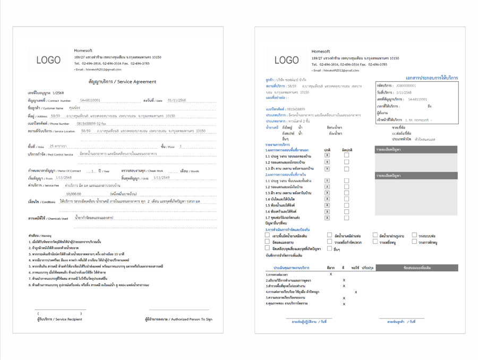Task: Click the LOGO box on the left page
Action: tap(48, 60)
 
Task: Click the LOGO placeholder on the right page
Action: tap(286, 60)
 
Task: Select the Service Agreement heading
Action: tap(122, 82)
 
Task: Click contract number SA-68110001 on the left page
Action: tap(90, 100)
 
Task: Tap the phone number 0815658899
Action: tap(88, 123)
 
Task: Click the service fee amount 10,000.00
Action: tap(73, 194)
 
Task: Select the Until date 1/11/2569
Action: tap(161, 178)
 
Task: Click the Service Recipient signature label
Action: tap(59, 319)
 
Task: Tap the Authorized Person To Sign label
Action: tap(178, 319)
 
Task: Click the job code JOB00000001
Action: tap(406, 86)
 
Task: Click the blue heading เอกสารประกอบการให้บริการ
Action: tap(431, 78)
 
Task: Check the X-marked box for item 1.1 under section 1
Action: tap(327, 156)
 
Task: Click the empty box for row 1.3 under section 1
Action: tap(346, 169)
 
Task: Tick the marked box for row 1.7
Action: tap(327, 218)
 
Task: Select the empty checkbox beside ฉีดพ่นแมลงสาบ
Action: tap(267, 242)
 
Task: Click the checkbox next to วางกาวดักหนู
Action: tap(414, 242)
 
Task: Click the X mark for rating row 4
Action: tap(356, 292)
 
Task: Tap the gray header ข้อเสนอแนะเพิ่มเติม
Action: tap(416, 268)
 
